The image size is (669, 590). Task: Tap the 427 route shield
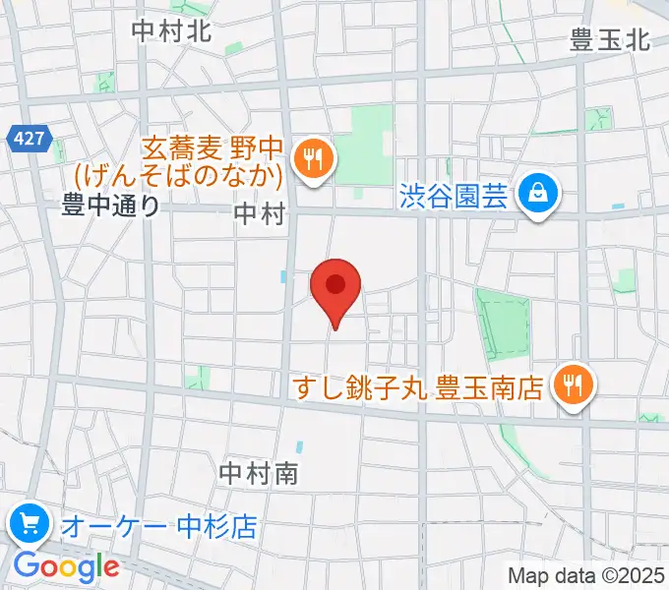pos(30,139)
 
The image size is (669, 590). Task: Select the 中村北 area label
pos(171,29)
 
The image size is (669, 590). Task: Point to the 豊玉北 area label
pos(610,39)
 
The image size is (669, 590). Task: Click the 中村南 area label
pos(259,473)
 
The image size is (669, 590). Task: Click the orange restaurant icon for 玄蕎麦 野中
pos(314,158)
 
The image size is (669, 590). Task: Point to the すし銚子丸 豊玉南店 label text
pos(419,387)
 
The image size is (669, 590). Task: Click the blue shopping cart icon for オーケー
pos(30,524)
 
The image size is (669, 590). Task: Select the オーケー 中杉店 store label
pos(157,526)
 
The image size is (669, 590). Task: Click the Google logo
pos(66,566)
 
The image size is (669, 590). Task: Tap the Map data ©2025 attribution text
pos(584,575)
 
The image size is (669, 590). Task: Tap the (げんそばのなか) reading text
pos(180,176)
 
